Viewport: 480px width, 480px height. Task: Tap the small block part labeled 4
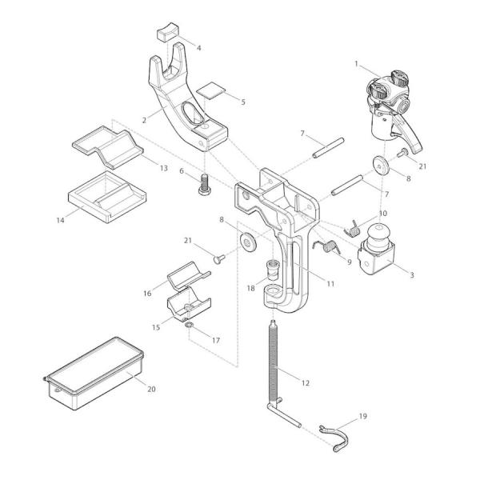[x=166, y=32]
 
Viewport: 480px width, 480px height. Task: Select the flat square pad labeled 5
[x=210, y=90]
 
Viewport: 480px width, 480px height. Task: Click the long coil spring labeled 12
[x=275, y=360]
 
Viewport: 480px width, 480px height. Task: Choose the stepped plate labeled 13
[x=106, y=143]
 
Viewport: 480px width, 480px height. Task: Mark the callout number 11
[x=330, y=284]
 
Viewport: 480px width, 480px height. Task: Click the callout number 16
[x=146, y=294]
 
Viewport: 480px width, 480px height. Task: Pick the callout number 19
[x=362, y=416]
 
